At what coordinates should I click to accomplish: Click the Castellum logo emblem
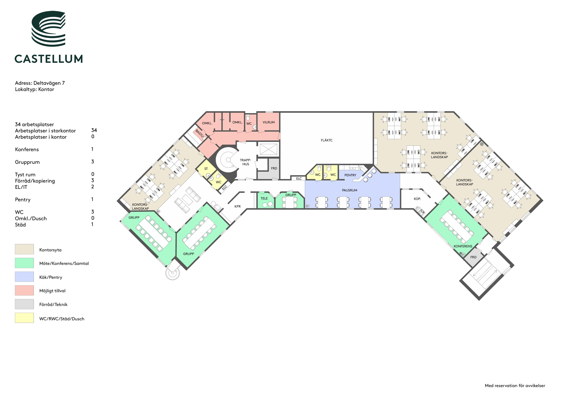click(48, 28)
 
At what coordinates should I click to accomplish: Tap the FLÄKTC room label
click(327, 140)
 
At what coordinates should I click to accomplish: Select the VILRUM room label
click(269, 122)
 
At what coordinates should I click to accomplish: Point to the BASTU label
click(200, 133)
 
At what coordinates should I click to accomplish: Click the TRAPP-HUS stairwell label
click(246, 162)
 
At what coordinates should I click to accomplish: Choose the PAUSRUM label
click(349, 190)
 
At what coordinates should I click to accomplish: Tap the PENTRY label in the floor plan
click(350, 175)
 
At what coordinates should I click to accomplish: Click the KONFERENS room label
click(463, 246)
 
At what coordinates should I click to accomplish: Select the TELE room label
click(264, 198)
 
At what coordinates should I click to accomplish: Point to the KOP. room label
click(417, 199)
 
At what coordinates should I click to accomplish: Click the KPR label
click(237, 206)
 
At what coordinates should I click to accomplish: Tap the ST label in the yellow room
click(206, 168)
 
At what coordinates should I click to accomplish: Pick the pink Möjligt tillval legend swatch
click(24, 290)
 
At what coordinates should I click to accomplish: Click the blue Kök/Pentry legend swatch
click(24, 277)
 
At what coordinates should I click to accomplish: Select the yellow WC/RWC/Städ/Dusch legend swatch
click(24, 318)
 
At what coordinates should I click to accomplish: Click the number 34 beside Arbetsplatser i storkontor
click(94, 130)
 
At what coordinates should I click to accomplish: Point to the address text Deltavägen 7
click(49, 83)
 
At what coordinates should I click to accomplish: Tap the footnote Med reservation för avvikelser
click(515, 386)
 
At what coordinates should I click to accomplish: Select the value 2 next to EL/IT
click(93, 187)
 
